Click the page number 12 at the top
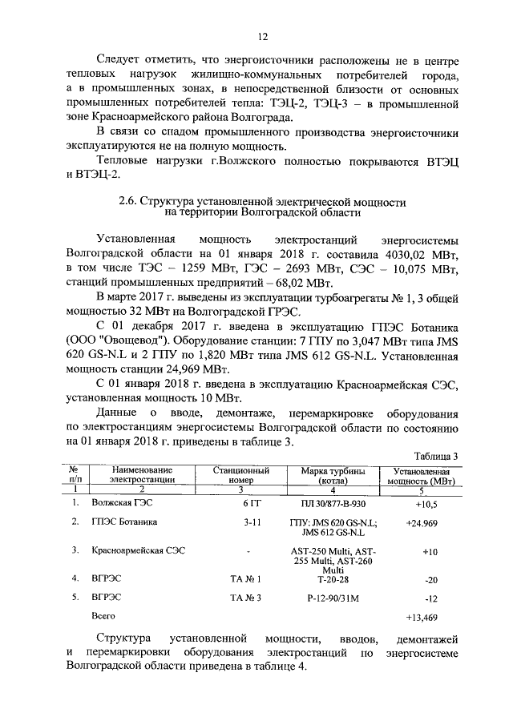[x=261, y=36]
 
